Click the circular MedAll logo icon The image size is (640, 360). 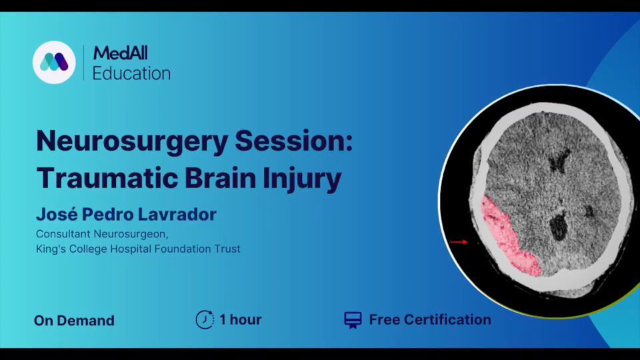click(54, 63)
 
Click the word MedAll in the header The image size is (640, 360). click(121, 53)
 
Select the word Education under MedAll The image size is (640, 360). click(131, 73)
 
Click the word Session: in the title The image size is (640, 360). click(294, 140)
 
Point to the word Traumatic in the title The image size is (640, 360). click(107, 178)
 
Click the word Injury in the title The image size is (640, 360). click(302, 179)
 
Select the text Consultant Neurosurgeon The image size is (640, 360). click(102, 234)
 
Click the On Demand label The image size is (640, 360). click(74, 321)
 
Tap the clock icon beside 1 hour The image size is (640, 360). click(205, 319)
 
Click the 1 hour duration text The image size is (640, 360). click(241, 319)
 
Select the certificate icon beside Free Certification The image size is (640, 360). click(353, 320)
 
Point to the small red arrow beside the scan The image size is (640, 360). click(459, 242)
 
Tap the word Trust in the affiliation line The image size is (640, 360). click(228, 249)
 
